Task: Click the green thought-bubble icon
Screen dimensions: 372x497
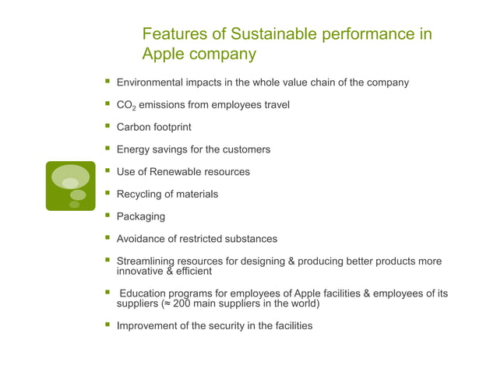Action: point(71,185)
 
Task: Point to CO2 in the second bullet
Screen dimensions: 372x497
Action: point(125,105)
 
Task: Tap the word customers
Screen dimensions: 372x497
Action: point(245,149)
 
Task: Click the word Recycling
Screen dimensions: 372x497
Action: point(142,194)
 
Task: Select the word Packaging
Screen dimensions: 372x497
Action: point(141,216)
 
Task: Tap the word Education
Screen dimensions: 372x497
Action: point(146,293)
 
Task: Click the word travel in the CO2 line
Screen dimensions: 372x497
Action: point(274,104)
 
